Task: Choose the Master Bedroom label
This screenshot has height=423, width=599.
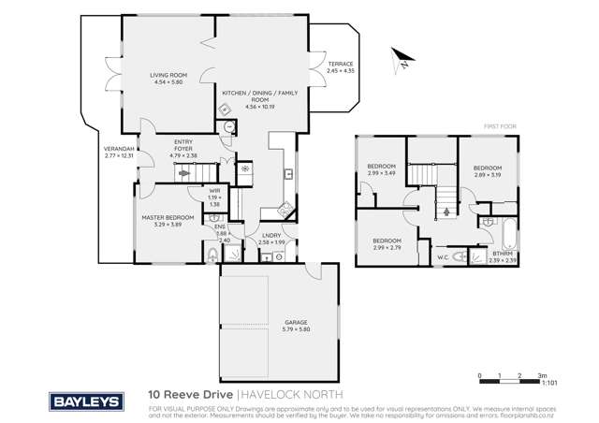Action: tap(168, 221)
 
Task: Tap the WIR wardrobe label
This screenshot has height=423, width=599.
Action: tap(213, 198)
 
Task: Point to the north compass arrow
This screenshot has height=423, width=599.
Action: tap(398, 59)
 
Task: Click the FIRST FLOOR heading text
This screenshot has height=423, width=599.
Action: tap(502, 125)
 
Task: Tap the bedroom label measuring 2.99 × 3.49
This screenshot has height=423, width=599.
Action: tap(381, 170)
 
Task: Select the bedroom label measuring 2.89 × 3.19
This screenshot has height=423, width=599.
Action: tap(488, 171)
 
